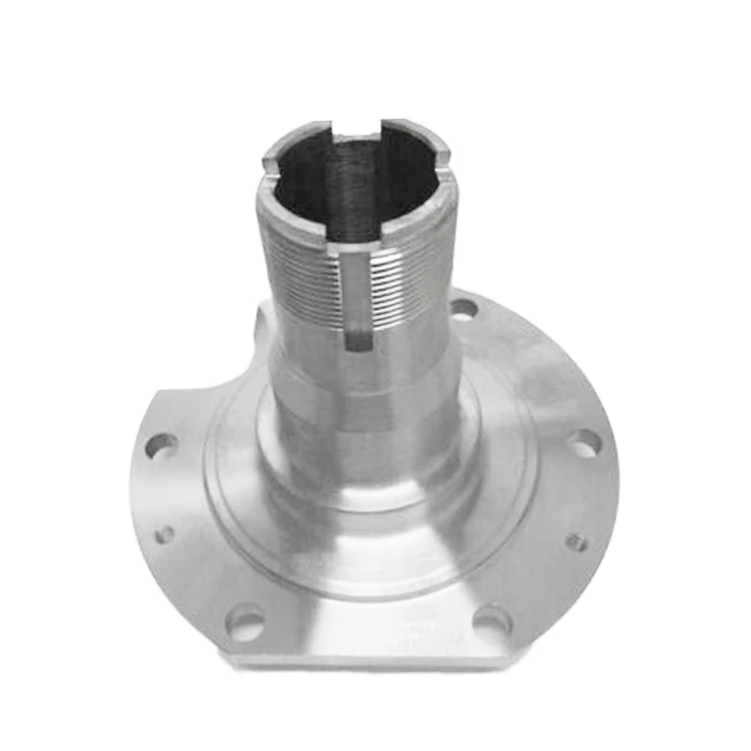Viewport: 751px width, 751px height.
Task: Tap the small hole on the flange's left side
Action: coord(164,534)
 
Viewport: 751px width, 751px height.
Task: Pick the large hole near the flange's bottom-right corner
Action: coord(492,620)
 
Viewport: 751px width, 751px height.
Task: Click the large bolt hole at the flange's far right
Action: coord(584,443)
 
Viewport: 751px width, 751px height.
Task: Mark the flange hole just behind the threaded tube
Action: coord(463,307)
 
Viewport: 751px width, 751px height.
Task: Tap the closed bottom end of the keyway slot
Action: coord(358,343)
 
